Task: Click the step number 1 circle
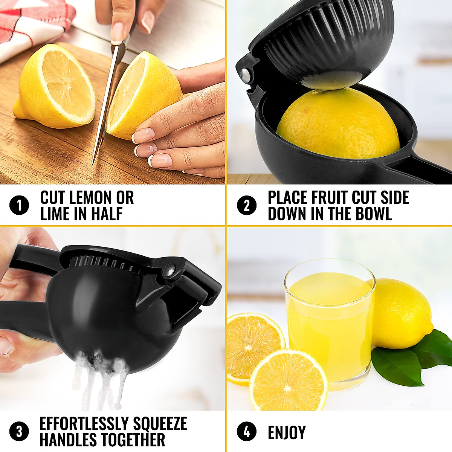[19, 206]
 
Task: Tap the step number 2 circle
[247, 206]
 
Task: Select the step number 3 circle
[19, 432]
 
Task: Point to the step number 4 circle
[247, 432]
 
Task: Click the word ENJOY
[287, 433]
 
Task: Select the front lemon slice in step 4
[288, 380]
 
